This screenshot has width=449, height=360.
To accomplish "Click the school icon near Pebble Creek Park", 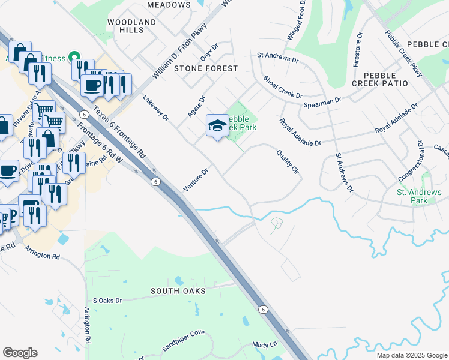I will coord(217,126).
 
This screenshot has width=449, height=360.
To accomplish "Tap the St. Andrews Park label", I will coord(419,196).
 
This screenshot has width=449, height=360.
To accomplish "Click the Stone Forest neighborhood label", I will coord(206,68).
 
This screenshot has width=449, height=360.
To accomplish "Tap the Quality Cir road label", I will coord(288,162).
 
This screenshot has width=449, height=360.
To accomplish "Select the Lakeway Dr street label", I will coord(156,107).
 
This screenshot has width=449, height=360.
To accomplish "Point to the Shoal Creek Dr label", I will coord(282,87).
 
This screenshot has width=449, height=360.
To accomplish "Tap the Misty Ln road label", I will coord(264,344).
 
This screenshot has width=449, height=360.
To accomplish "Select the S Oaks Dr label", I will coord(107,300).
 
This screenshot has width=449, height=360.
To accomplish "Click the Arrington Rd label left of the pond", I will coord(43,256).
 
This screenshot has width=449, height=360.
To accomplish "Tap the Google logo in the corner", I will coord(20,353).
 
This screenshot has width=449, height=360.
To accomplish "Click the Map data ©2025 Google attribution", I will coord(411,355).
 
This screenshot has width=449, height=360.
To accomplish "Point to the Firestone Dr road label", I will coord(360,49).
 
